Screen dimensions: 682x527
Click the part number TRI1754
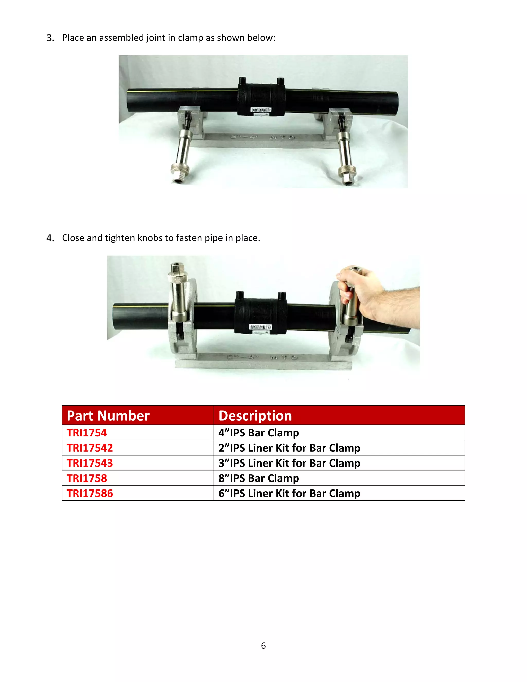pyautogui.click(x=87, y=433)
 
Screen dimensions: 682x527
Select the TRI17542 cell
pyautogui.click(x=90, y=448)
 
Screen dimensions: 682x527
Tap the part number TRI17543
pyautogui.click(x=90, y=463)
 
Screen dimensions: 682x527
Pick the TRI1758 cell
pyautogui.click(x=87, y=478)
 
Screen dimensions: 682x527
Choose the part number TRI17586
pyautogui.click(x=90, y=493)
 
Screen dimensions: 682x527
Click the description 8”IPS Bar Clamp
pyautogui.click(x=259, y=478)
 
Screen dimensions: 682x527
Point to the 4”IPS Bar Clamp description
pyautogui.click(x=259, y=433)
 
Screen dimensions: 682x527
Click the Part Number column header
pyautogui.click(x=108, y=416)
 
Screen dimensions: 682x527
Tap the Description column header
pyautogui.click(x=255, y=416)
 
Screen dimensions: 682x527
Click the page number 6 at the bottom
pyautogui.click(x=263, y=646)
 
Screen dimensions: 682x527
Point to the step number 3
pyautogui.click(x=50, y=38)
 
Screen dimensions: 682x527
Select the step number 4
pyautogui.click(x=50, y=238)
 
